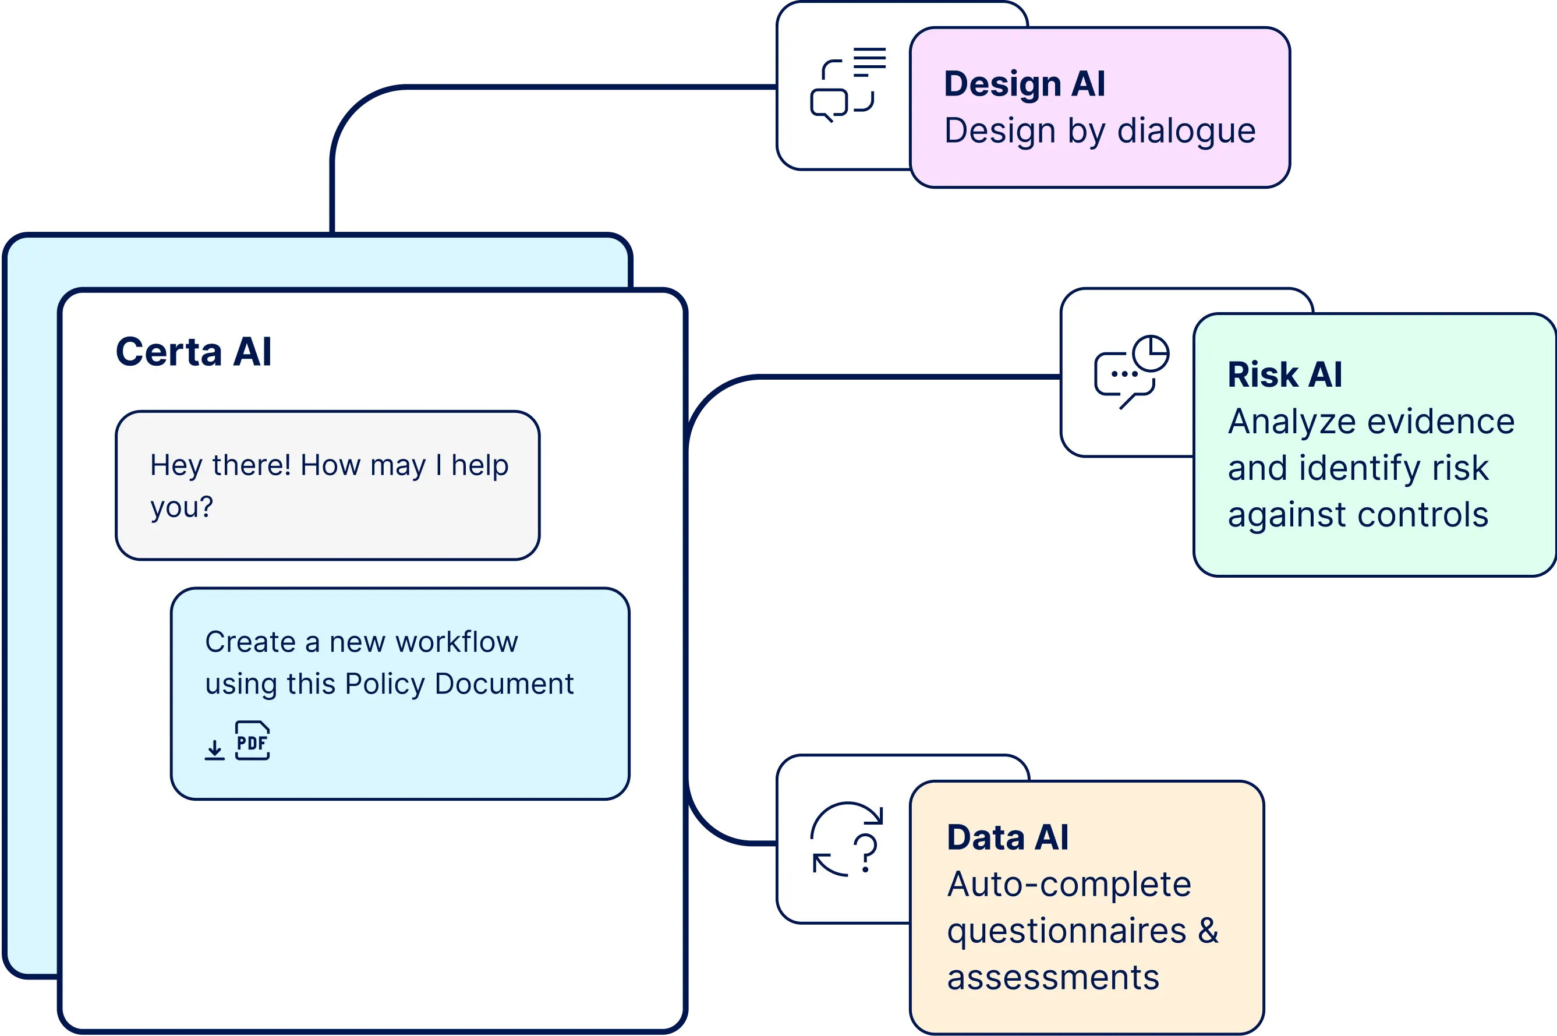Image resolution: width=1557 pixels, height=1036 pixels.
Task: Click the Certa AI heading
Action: pyautogui.click(x=193, y=352)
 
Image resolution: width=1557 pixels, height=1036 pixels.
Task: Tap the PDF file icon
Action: pyautogui.click(x=252, y=741)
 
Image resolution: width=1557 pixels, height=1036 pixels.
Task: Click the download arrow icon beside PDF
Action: pyautogui.click(x=214, y=750)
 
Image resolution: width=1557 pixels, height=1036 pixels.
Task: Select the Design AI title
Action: pyautogui.click(x=1024, y=84)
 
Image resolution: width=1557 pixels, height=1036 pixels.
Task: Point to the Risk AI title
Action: pyautogui.click(x=1284, y=374)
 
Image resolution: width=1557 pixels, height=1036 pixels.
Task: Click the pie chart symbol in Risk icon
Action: pyautogui.click(x=1151, y=353)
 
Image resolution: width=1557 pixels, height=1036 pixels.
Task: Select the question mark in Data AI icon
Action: pyautogui.click(x=865, y=851)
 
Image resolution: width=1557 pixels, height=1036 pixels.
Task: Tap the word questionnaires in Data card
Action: pyautogui.click(x=1066, y=931)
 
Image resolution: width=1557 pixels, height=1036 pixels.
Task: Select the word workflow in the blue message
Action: pyautogui.click(x=457, y=642)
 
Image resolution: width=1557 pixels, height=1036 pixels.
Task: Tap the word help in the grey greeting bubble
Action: pyautogui.click(x=480, y=466)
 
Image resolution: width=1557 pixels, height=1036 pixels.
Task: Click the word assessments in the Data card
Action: pyautogui.click(x=1053, y=978)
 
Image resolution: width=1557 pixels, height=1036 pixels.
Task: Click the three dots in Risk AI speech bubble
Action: pyautogui.click(x=1124, y=374)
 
